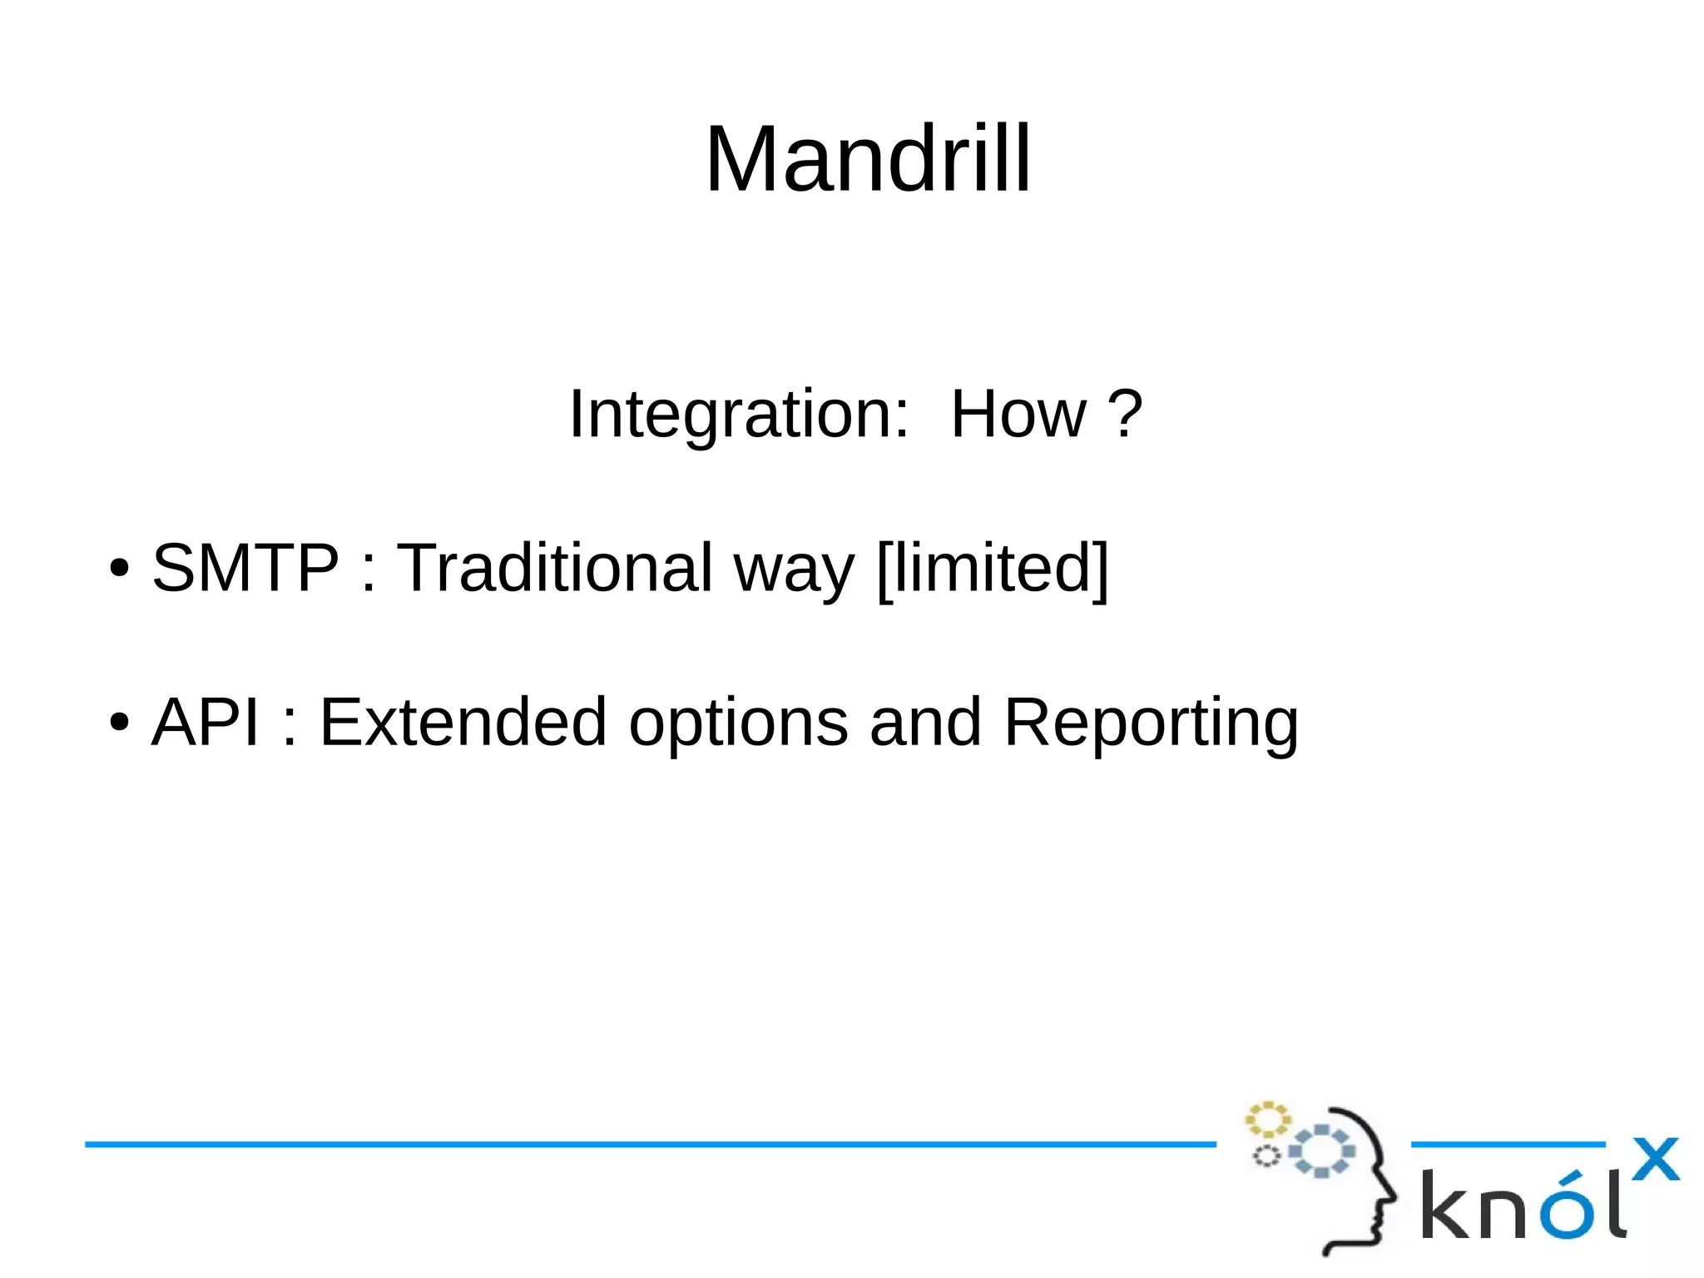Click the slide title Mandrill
click(x=868, y=159)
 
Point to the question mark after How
click(x=1126, y=414)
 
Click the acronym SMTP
click(x=245, y=568)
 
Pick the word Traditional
click(x=554, y=568)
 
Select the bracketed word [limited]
click(x=993, y=568)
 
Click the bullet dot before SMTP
click(x=120, y=569)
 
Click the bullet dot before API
click(x=120, y=723)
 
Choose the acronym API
click(x=205, y=722)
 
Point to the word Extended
click(x=463, y=722)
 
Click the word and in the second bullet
click(x=925, y=722)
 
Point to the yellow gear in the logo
click(x=1267, y=1120)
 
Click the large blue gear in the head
click(x=1321, y=1151)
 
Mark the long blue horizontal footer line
click(x=649, y=1144)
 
